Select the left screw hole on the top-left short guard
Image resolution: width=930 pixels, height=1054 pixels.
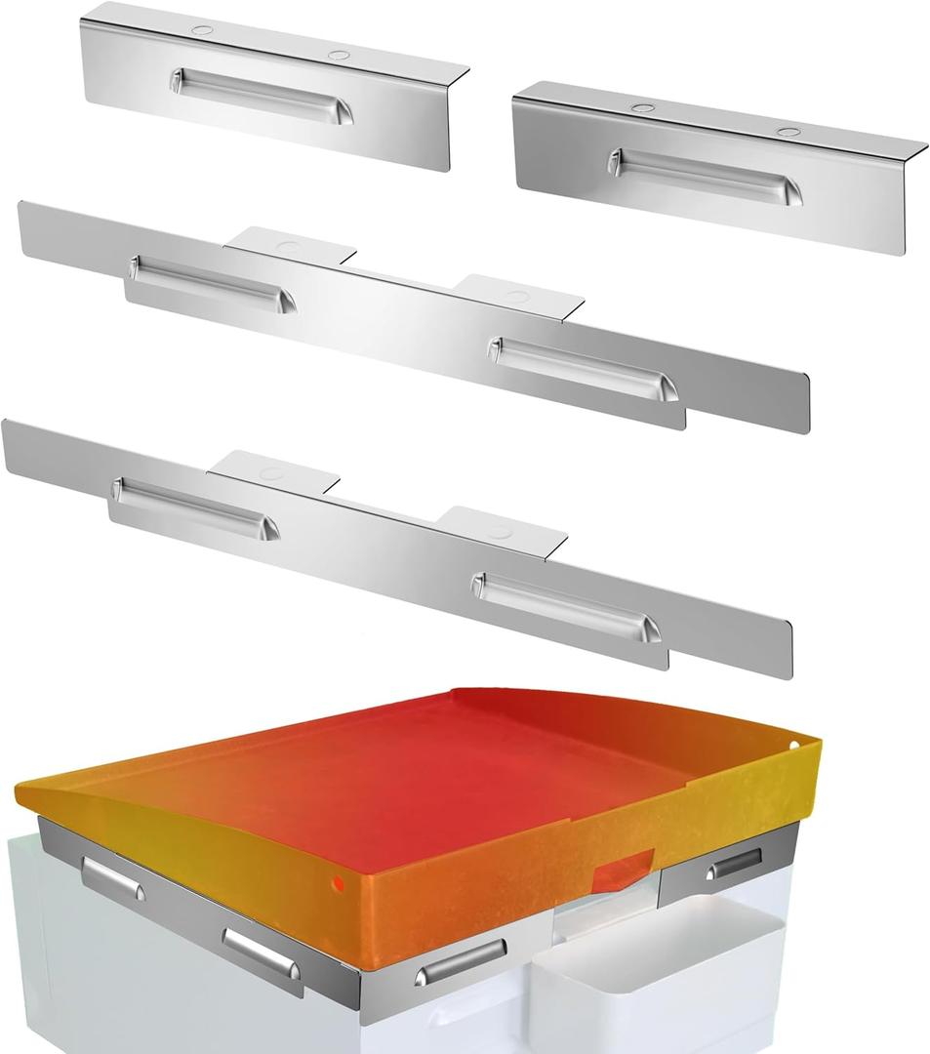pyautogui.click(x=202, y=30)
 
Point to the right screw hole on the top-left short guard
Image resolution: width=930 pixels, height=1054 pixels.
pyautogui.click(x=338, y=55)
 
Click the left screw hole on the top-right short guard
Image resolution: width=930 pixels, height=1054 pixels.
pyautogui.click(x=642, y=107)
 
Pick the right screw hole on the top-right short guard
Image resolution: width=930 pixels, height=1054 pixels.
pyautogui.click(x=788, y=131)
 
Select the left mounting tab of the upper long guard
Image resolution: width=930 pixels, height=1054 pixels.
pyautogui.click(x=289, y=246)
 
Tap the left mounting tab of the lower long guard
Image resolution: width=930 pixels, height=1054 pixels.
pyautogui.click(x=272, y=471)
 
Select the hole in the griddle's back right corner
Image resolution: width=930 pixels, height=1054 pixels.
pyautogui.click(x=794, y=746)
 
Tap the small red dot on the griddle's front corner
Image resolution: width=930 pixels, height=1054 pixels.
pyautogui.click(x=338, y=885)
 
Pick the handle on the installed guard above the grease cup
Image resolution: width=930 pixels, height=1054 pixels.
pyautogui.click(x=734, y=864)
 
